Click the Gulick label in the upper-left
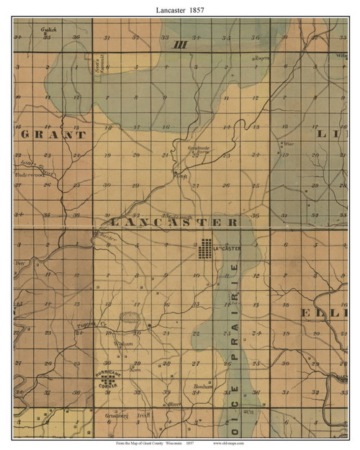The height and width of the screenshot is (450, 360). [x=48, y=30]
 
